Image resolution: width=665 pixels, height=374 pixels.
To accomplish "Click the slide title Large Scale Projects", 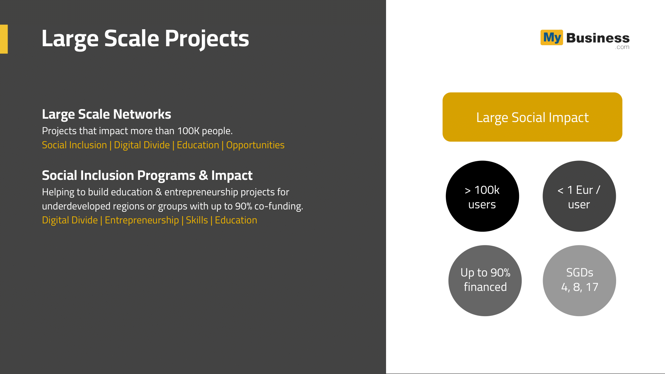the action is click(x=145, y=39).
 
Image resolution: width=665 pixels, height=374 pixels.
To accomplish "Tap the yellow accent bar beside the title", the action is click(x=4, y=39).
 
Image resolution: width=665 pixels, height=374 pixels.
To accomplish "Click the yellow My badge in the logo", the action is click(x=552, y=38).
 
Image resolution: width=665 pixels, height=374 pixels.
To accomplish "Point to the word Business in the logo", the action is click(x=598, y=38).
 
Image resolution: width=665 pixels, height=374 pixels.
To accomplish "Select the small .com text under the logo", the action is click(x=622, y=47).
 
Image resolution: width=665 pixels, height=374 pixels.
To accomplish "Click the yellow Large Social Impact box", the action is click(x=532, y=117).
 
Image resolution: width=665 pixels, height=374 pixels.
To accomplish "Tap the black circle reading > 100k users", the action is click(x=482, y=196).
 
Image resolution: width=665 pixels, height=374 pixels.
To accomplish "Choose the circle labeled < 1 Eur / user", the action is click(x=579, y=196).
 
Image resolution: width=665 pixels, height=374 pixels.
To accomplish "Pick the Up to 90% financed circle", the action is click(x=485, y=281).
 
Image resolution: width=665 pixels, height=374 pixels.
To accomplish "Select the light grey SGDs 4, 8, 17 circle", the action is click(x=580, y=281).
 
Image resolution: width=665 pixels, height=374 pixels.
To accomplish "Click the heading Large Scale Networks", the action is click(x=106, y=114).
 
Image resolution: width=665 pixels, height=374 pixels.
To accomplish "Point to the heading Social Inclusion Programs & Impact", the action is click(x=147, y=176).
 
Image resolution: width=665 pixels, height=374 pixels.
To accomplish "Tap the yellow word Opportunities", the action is click(x=255, y=145).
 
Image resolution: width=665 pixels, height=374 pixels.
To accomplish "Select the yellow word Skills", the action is click(x=197, y=220).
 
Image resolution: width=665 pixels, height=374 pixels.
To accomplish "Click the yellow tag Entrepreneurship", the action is click(x=142, y=220).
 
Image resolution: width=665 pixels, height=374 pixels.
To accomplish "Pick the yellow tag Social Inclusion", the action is click(x=74, y=145).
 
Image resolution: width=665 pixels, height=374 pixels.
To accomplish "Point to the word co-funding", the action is click(x=279, y=206).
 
